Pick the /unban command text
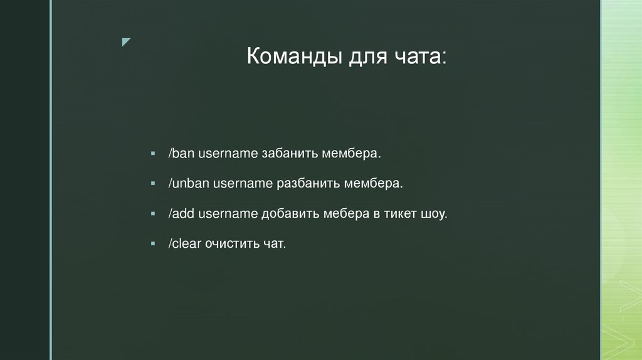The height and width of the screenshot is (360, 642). tap(187, 184)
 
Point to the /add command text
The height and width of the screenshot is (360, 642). tap(181, 214)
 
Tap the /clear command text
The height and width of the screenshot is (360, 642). tap(182, 243)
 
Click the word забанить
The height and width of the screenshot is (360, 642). tap(290, 154)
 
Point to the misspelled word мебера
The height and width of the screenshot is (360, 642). tap(347, 214)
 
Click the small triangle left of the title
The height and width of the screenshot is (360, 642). tap(125, 42)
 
